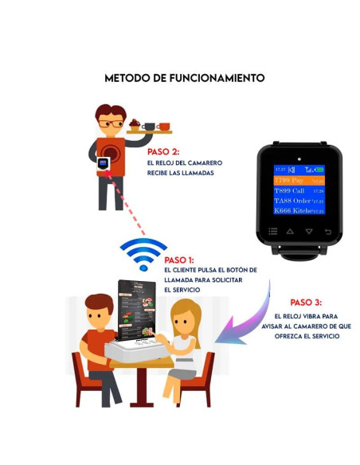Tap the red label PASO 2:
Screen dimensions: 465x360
click(x=163, y=150)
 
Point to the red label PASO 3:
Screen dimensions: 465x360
click(x=306, y=303)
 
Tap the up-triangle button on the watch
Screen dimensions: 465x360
click(x=290, y=232)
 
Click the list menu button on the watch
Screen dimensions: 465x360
click(x=272, y=232)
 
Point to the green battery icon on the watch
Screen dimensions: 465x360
click(x=319, y=170)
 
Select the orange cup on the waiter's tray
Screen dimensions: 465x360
click(x=163, y=126)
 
